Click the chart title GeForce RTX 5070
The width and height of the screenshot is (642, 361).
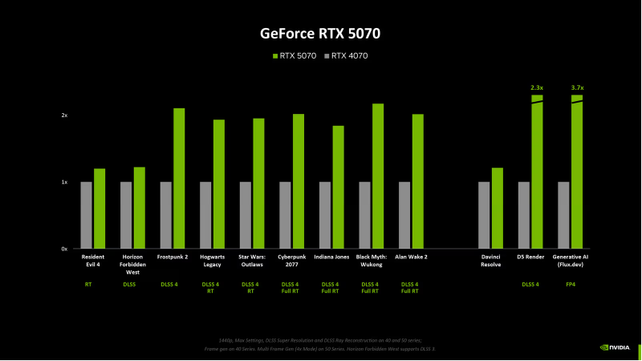320,34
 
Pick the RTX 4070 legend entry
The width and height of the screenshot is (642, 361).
345,55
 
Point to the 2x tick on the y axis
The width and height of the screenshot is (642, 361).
64,116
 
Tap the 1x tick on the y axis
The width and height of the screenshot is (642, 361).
64,182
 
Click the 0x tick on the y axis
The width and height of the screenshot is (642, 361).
64,249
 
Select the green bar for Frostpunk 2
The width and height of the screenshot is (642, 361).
179,178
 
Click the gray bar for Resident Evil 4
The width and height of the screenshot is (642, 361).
86,215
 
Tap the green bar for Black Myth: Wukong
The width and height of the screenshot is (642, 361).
378,176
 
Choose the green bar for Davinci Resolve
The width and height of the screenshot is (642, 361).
497,208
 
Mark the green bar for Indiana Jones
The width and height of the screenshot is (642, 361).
338,187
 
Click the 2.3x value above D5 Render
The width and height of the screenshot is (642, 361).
537,87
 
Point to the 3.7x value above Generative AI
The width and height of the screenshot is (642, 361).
576,87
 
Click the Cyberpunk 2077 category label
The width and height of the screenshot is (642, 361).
291,260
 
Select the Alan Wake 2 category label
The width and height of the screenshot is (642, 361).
411,257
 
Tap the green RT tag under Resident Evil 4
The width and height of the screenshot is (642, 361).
87,284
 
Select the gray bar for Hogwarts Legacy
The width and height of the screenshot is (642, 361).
205,215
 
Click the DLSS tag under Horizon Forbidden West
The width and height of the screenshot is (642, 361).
128,284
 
